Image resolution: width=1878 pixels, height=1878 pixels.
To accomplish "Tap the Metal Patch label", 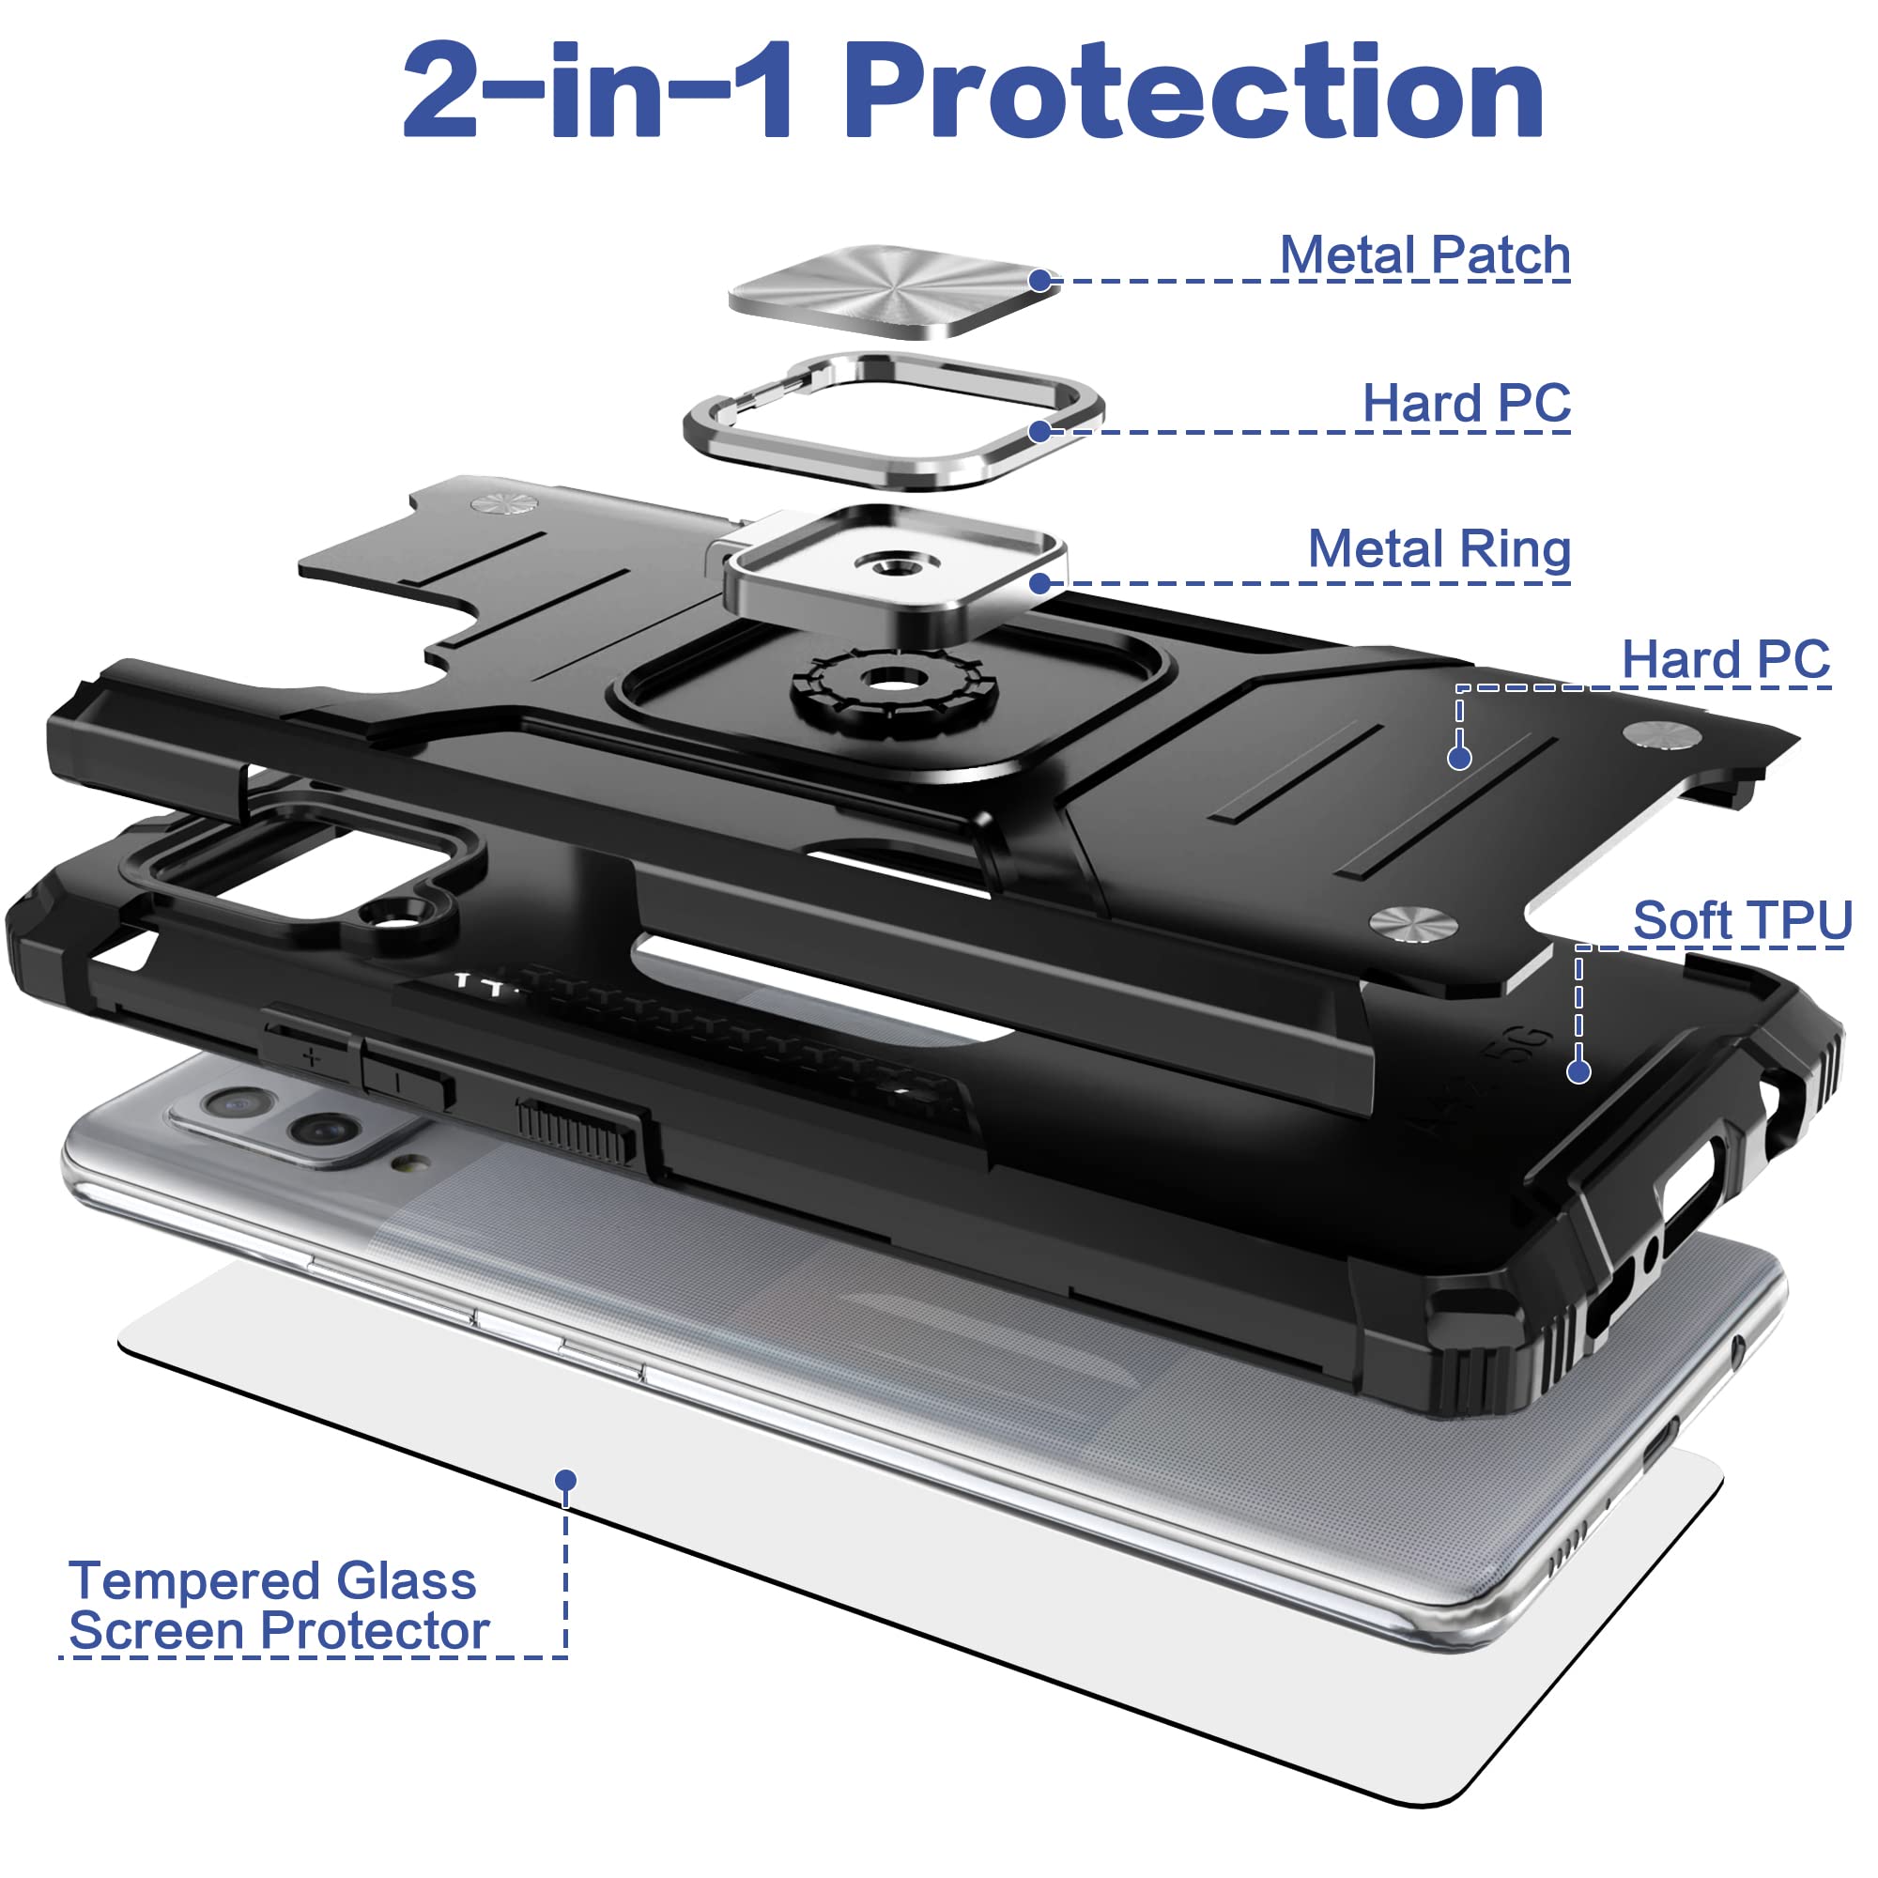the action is [x=1424, y=254].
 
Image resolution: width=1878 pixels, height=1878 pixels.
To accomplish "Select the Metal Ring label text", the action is [x=1439, y=549].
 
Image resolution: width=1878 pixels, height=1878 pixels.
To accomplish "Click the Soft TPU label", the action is [x=1742, y=919].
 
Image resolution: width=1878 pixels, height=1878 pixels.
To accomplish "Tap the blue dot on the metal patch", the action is [x=1040, y=281].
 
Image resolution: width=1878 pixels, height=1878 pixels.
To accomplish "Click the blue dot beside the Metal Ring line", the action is [x=1040, y=583].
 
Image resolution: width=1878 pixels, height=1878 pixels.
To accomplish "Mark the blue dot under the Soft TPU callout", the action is [x=1578, y=1071].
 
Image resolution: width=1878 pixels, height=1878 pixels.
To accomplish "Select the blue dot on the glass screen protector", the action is [x=565, y=1481].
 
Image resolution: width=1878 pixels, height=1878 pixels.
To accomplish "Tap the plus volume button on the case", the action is [x=311, y=1055].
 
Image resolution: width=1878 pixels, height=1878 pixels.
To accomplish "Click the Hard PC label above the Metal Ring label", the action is [x=1466, y=403].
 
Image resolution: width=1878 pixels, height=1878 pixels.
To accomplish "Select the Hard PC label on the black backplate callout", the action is [x=1725, y=660].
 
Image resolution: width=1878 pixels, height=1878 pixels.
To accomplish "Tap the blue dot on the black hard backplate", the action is [x=1459, y=758].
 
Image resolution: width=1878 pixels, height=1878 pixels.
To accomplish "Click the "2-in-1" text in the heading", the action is [x=599, y=93].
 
